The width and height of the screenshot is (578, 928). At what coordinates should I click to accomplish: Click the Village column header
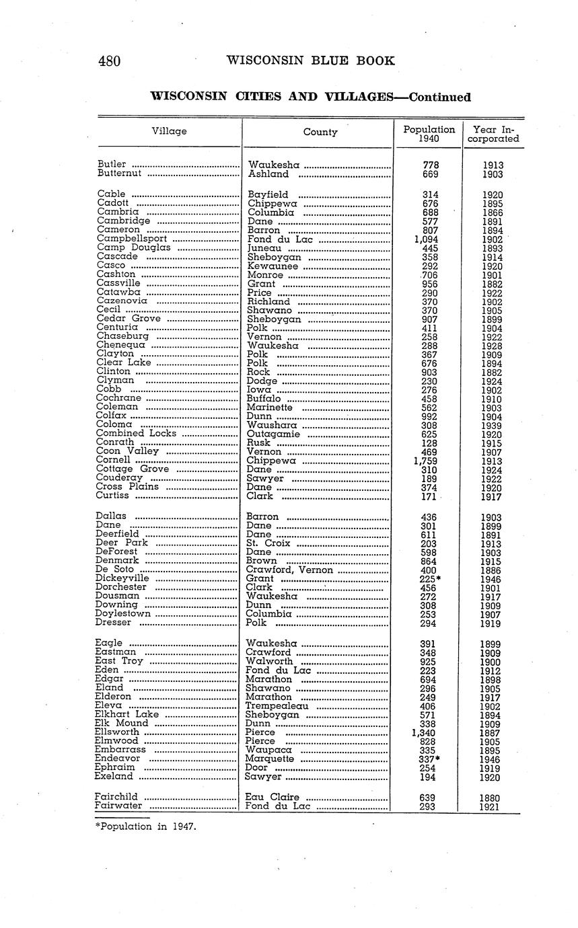(x=169, y=131)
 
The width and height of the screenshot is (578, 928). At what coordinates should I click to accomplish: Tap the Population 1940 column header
(x=429, y=134)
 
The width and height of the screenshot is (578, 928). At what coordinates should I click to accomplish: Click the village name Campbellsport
(x=132, y=239)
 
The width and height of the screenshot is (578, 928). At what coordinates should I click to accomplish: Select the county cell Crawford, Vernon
(x=289, y=570)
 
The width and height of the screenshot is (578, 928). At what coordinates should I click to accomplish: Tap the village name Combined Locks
(x=136, y=434)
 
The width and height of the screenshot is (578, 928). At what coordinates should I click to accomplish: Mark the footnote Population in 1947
(x=146, y=826)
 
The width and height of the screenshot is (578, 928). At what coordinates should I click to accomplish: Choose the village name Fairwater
(x=118, y=806)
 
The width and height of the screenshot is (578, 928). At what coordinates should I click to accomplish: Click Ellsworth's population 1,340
(x=427, y=732)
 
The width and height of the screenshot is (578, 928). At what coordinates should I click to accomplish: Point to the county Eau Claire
(x=273, y=798)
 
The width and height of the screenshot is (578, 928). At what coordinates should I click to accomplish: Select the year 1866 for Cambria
(x=493, y=212)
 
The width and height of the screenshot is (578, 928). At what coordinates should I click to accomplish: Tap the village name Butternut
(x=120, y=173)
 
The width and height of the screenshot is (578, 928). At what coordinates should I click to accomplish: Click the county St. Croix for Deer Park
(x=268, y=543)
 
